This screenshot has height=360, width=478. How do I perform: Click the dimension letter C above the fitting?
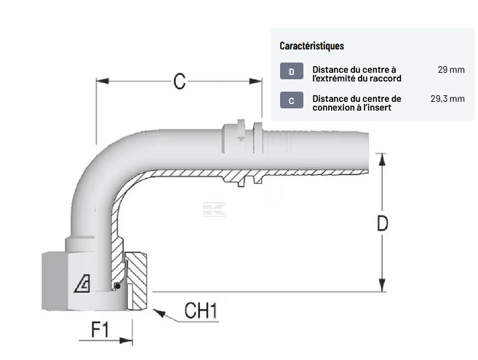click(x=178, y=81)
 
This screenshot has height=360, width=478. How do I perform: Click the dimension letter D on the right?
click(x=382, y=224)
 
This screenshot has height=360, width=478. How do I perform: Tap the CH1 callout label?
click(x=201, y=311)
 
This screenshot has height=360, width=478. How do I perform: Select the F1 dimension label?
click(x=100, y=330)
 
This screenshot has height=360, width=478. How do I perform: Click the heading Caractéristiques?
click(x=312, y=46)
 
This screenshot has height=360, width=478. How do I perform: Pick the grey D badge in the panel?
click(x=291, y=71)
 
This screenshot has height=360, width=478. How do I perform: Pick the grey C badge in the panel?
click(x=291, y=101)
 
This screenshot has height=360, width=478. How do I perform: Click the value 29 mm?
click(x=451, y=70)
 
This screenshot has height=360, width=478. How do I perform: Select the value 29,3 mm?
click(x=447, y=98)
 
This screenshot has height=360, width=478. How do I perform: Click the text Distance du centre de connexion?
click(x=356, y=103)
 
